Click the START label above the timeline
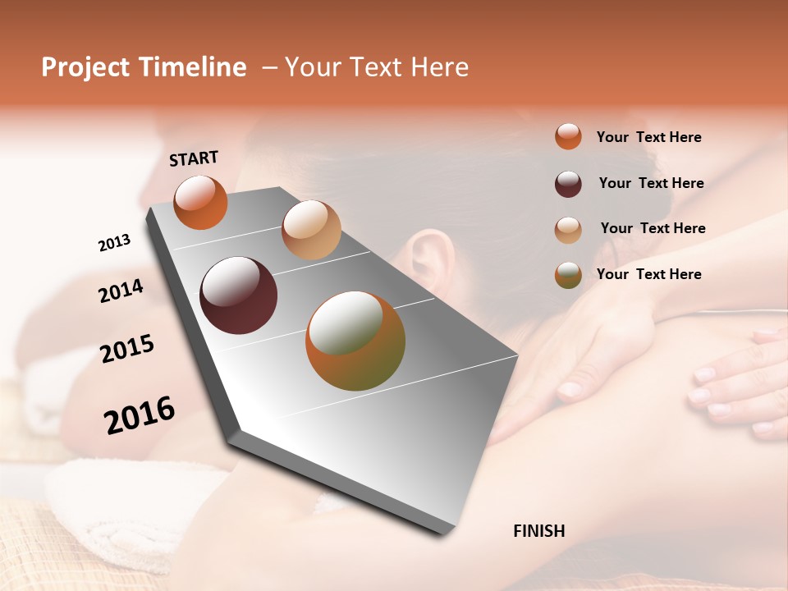194,158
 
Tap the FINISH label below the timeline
538,531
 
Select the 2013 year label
114,243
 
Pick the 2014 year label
121,291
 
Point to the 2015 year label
127,349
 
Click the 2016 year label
140,415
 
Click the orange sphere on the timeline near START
200,203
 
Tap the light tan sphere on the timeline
311,230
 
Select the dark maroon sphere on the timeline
239,295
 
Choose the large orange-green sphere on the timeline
355,341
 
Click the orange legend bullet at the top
568,137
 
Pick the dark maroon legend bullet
568,184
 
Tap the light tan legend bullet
568,229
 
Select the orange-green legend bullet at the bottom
568,275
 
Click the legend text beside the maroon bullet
651,183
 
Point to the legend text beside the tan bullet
653,228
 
